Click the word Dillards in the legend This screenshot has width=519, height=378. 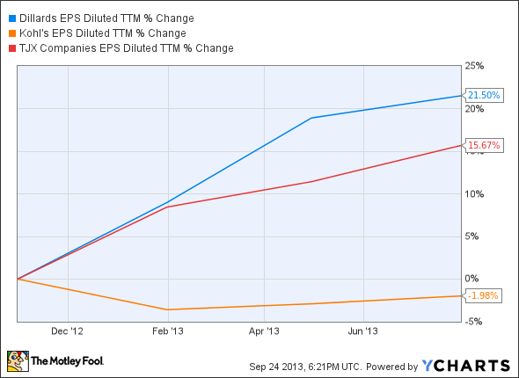click(x=38, y=18)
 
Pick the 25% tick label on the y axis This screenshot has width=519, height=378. click(x=476, y=66)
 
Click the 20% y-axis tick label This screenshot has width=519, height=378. click(x=476, y=108)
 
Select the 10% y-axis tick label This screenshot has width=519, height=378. click(x=476, y=193)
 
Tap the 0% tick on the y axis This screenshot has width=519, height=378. click(x=473, y=279)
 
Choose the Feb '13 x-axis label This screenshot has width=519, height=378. click(x=174, y=331)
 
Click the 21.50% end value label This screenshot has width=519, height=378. click(x=485, y=95)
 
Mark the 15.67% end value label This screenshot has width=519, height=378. click(x=485, y=145)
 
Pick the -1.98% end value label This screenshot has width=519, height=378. click(x=484, y=295)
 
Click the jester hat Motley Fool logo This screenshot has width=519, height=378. click(x=18, y=361)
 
